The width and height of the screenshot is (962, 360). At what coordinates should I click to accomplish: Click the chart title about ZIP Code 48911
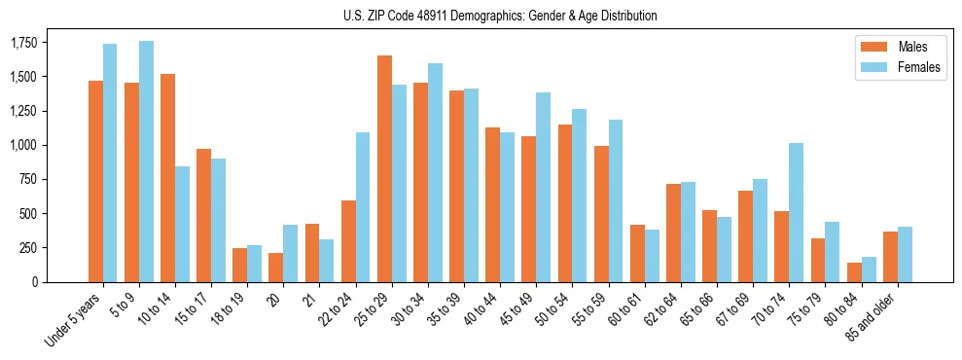pos(500,16)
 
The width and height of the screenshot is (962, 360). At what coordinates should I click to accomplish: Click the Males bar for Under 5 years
pos(95,181)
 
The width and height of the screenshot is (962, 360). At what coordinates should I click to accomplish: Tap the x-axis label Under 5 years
pos(72,319)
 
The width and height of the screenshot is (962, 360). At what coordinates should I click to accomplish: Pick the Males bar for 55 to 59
pos(601,214)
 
